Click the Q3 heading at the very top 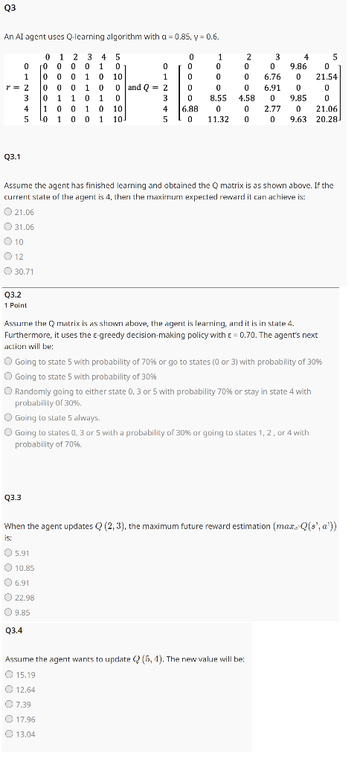(x=10, y=8)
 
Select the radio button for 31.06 (x=8, y=227)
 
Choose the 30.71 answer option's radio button (x=8, y=271)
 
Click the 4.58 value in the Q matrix (x=247, y=97)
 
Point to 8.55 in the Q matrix (x=218, y=97)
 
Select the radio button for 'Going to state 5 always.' (x=8, y=417)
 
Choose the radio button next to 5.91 (x=8, y=552)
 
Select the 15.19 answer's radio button (x=8, y=674)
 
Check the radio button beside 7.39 (x=8, y=704)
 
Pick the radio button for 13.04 (x=8, y=734)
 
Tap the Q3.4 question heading (x=13, y=630)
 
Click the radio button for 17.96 (x=8, y=719)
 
